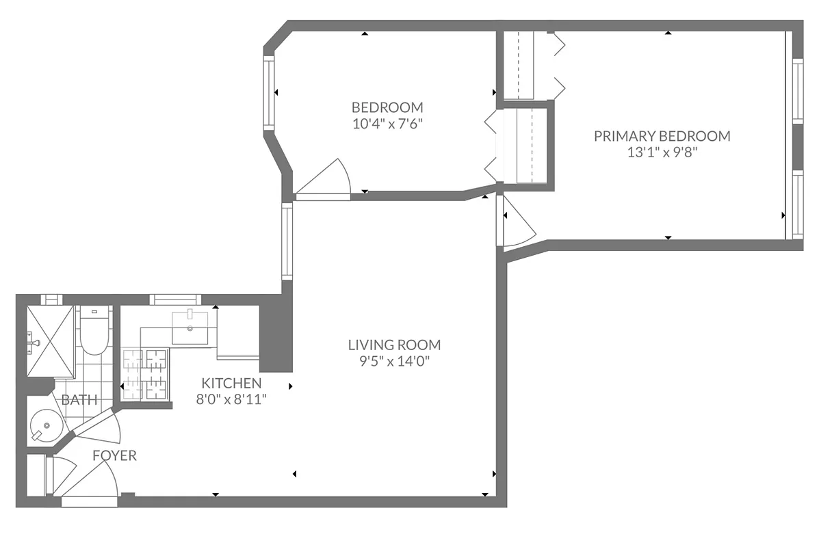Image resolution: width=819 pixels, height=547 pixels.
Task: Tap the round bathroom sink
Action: [x=47, y=427]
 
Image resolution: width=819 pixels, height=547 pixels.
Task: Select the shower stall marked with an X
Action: [x=50, y=341]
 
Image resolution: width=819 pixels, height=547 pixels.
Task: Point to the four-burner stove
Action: [x=145, y=374]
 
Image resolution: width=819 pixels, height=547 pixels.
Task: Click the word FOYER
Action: [x=114, y=455]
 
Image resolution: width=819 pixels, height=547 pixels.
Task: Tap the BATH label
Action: [x=79, y=400]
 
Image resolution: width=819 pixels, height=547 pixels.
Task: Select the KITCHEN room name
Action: [x=231, y=383]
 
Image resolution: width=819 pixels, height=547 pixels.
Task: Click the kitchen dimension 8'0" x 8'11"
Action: [x=231, y=399]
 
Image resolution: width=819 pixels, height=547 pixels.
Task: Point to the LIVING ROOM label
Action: [x=394, y=345]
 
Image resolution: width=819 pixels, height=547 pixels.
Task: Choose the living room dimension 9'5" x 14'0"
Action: [x=394, y=362]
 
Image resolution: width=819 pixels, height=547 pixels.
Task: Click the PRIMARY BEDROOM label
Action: [x=662, y=136]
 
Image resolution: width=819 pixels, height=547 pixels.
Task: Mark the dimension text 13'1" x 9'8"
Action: [x=662, y=152]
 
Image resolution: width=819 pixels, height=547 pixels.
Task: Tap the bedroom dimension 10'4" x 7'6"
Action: [x=387, y=124]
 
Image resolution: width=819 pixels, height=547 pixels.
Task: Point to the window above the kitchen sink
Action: [x=175, y=299]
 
